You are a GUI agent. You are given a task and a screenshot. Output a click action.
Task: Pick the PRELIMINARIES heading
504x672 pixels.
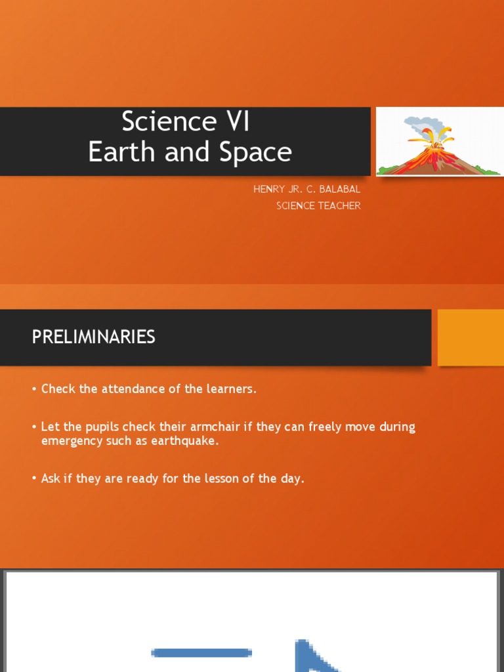94,337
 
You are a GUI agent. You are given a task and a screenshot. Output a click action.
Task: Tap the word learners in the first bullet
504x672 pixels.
229,388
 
